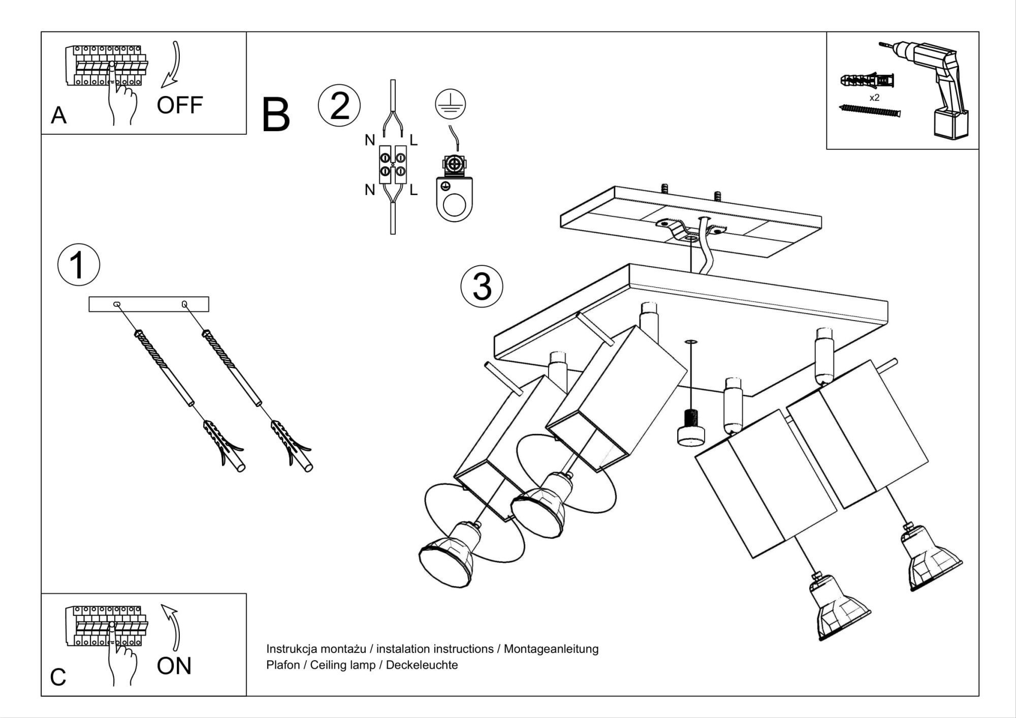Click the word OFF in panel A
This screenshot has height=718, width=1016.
tap(179, 105)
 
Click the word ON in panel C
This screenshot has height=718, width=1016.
tap(174, 666)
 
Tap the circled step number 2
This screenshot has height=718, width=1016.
tap(339, 106)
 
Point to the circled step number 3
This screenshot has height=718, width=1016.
tap(482, 287)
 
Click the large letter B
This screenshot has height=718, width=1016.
tap(276, 116)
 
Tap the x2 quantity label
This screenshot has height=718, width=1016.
tap(874, 98)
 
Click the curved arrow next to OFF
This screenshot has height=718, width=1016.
tap(173, 64)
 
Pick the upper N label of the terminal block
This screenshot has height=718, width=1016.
tap(370, 140)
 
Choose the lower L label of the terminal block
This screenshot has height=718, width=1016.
tap(414, 191)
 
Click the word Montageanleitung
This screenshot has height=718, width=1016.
tap(551, 649)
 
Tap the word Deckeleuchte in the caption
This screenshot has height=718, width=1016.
tap(422, 665)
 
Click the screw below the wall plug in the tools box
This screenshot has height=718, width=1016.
tap(869, 110)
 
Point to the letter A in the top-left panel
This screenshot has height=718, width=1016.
tap(58, 116)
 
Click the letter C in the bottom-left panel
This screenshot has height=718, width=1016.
tap(58, 677)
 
